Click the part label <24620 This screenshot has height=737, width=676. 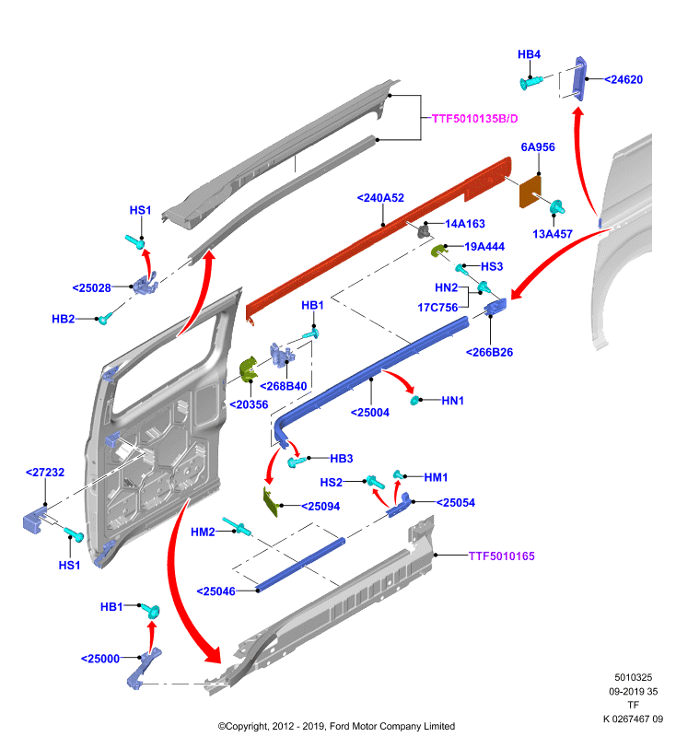pos(623,79)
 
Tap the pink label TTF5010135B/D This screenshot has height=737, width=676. pos(474,119)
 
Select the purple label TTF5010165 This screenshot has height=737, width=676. pos(501,556)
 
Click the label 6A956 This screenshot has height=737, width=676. pos(538,147)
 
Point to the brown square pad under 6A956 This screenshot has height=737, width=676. pos(530,192)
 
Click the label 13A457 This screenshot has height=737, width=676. pos(553,234)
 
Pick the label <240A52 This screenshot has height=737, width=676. pos(380,198)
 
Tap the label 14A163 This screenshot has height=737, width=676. pos(464,224)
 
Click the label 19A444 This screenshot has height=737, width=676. pos(484,246)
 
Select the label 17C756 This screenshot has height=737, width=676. pos(437,308)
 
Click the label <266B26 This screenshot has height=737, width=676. pos(489,352)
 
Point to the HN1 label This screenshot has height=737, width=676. pos(452,401)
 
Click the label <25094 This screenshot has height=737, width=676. pos(321,506)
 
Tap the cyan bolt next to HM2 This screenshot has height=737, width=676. pos(237,527)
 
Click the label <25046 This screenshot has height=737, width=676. pos(216,591)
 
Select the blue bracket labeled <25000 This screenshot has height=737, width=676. pos(143,668)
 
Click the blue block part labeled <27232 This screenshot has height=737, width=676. pos(34,521)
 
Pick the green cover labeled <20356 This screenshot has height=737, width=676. pos(248,369)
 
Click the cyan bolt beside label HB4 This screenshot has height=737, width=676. pos(531,82)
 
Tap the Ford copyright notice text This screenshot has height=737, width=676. pos(336,726)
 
